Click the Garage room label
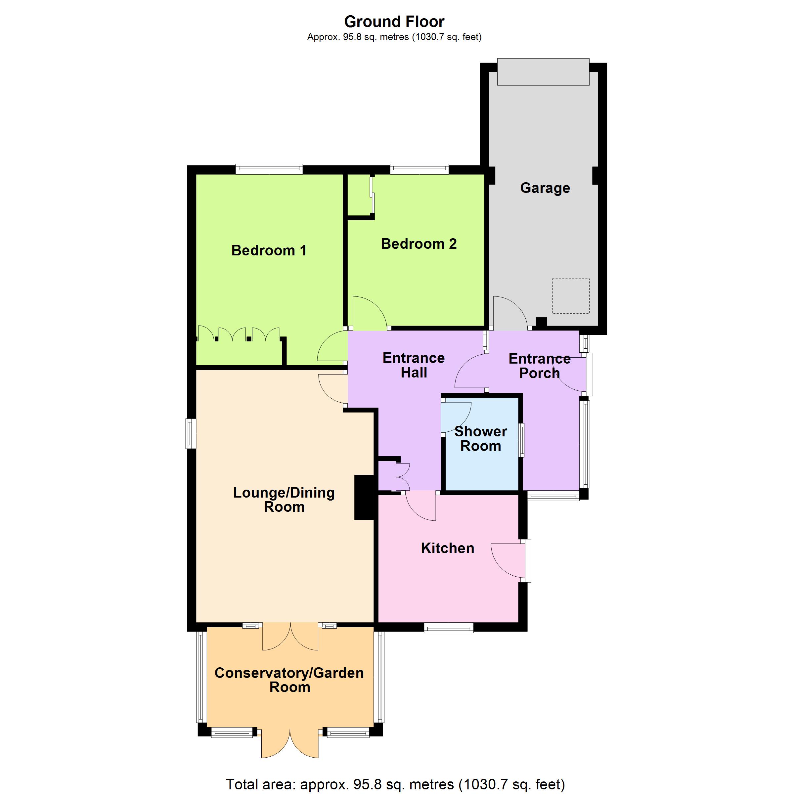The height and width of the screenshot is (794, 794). coord(545,188)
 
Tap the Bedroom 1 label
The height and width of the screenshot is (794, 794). coord(269,250)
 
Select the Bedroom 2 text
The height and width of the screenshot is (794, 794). coord(419,244)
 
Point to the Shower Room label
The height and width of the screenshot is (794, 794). coord(481,438)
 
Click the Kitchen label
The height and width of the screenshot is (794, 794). coord(448,548)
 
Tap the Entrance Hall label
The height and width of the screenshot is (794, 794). coord(414,365)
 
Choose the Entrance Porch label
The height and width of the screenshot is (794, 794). coord(540,366)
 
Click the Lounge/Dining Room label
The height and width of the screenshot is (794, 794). coord(284,499)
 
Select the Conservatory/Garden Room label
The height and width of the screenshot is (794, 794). coord(289,680)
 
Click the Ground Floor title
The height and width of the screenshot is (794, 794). coord(395,22)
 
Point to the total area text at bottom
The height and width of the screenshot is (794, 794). coord(395,784)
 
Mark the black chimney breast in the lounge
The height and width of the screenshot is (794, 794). coord(365,498)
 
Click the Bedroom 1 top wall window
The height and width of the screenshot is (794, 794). coord(269,169)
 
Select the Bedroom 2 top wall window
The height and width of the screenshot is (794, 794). coord(419,169)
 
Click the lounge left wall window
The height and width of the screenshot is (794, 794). coord(191,434)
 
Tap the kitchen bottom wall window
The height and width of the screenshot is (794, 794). coord(449,628)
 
